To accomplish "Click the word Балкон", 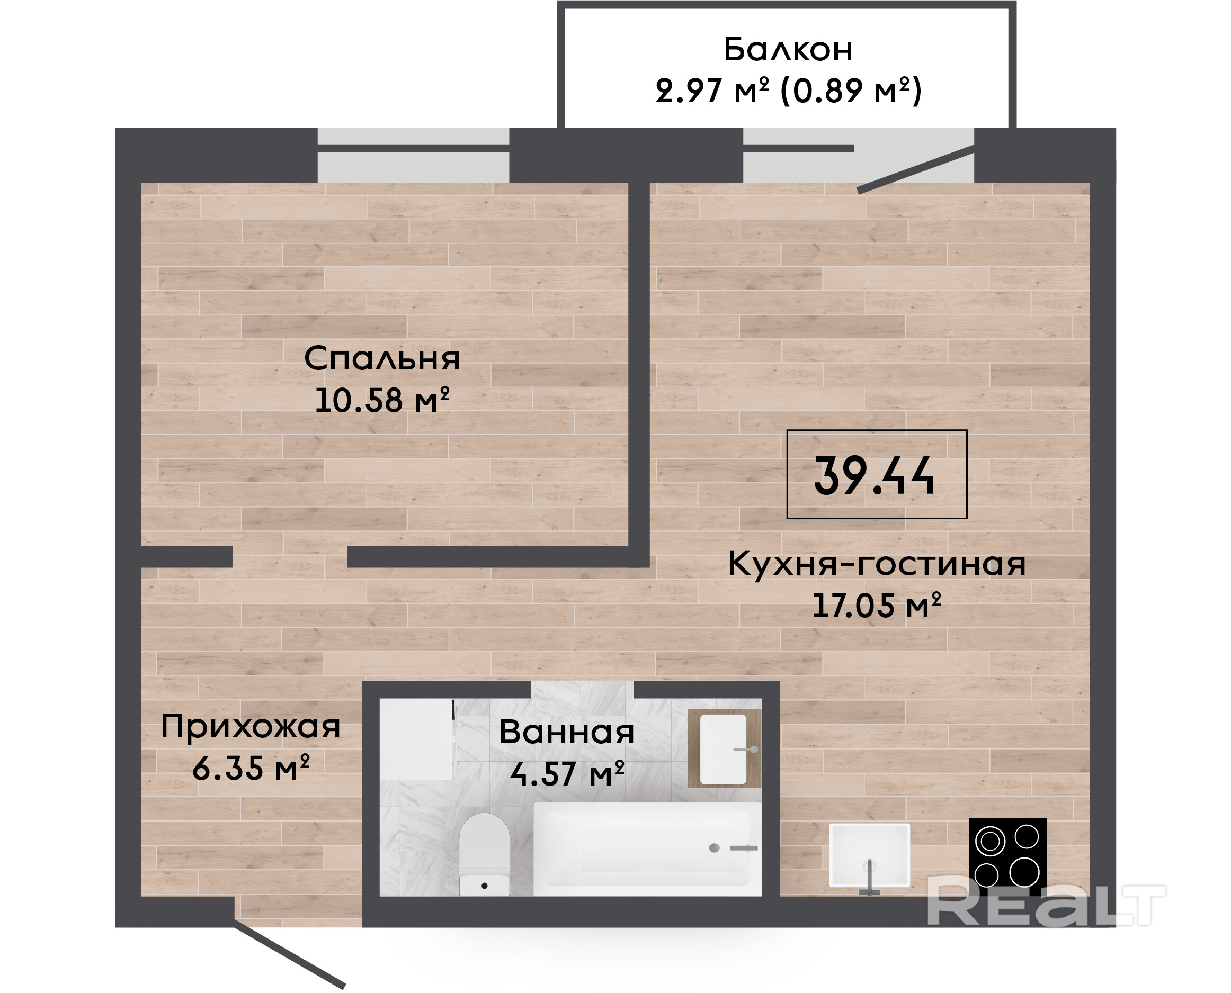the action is point(788,49).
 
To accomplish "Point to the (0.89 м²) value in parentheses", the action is point(851,91).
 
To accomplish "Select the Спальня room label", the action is point(382,359).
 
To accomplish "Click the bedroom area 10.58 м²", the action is point(382,400).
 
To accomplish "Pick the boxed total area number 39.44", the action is point(875,475).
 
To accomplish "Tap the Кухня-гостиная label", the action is point(877,564).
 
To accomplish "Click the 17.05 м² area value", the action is point(877,605).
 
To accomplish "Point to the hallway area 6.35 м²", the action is point(251,768).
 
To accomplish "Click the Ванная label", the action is point(567,732).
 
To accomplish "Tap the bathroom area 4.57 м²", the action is point(567,773).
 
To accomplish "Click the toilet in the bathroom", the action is point(484,854).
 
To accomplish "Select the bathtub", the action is point(647,849).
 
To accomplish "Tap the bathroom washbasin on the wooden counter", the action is point(724,749).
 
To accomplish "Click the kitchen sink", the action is point(869,856).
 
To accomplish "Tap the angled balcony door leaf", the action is point(916,170).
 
